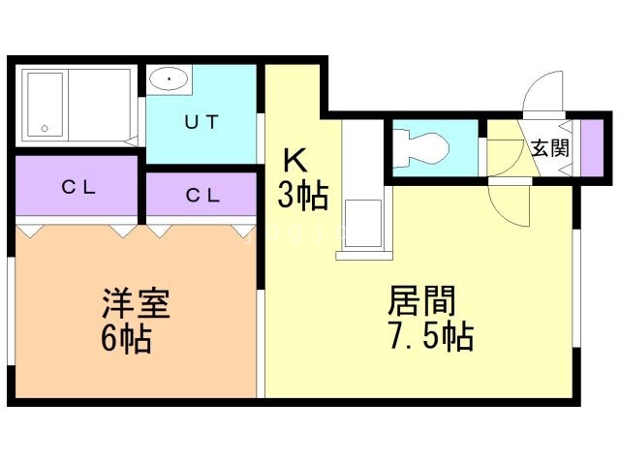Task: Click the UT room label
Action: pos(201,122)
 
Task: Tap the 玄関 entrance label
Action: pos(549,148)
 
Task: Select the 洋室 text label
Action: pos(137,304)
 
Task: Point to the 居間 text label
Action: pos(421,301)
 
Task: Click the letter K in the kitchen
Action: pos(294,159)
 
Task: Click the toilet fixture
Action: pos(423,147)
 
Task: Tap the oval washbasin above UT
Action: pos(170,79)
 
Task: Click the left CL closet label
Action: pos(78,188)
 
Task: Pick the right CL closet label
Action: pos(202,195)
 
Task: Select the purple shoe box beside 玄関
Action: pos(590,148)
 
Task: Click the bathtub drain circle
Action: pos(44,128)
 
